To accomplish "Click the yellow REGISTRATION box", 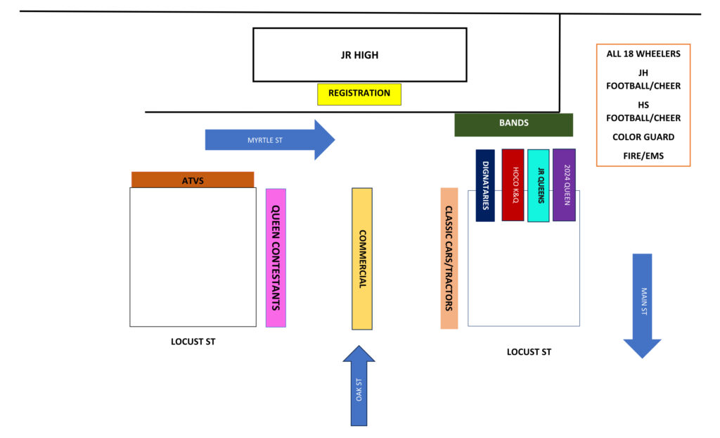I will coord(359,94).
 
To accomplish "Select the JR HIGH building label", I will coord(359,55).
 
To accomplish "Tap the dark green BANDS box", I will coord(513,124).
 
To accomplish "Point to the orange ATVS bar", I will coord(192,180).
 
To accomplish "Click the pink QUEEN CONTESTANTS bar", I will coord(276,258).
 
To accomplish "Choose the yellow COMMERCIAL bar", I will coord(362,258).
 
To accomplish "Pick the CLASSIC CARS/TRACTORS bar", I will coord(449,258).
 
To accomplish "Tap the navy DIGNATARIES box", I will coord(485,185).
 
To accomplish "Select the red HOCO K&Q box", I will coord(513,184).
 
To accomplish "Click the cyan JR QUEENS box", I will coord(539,185).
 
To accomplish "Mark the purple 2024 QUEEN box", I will coord(564,184).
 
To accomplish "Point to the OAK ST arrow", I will coord(359,387).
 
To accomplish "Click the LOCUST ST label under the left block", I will coord(193,342).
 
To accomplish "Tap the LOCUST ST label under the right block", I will coord(529,352).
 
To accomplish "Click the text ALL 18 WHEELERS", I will coord(643,54).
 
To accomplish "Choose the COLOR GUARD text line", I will coord(643,137).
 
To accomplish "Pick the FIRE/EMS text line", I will coord(643,156).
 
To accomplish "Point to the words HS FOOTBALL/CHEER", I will coord(643,111).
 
